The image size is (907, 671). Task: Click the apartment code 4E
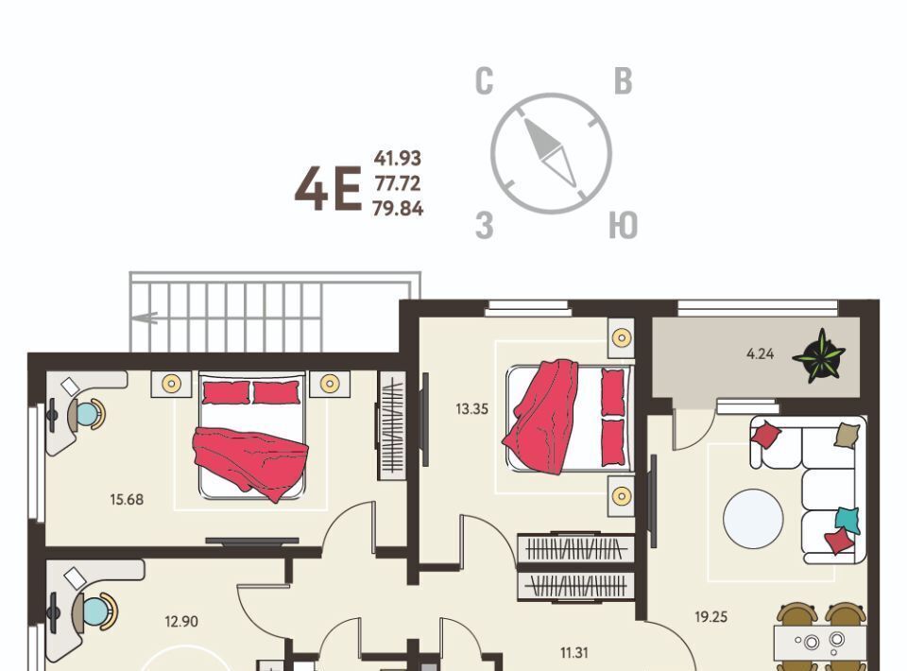(328, 189)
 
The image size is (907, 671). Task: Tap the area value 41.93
(398, 158)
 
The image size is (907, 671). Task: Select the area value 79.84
(398, 208)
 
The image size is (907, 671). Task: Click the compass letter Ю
(623, 225)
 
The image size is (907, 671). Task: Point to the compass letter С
(485, 81)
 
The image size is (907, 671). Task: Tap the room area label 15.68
(127, 499)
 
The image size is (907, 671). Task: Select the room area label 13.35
(472, 409)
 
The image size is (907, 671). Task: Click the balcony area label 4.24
(760, 353)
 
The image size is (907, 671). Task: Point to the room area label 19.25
(710, 616)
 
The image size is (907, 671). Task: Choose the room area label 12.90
(181, 621)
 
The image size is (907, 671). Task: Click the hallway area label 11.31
(573, 653)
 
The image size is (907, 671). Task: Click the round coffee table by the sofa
(753, 519)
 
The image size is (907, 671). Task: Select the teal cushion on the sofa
(847, 520)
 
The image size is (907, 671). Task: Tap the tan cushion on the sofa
(847, 435)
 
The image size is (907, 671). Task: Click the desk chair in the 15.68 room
(87, 414)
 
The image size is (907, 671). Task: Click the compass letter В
(623, 81)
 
